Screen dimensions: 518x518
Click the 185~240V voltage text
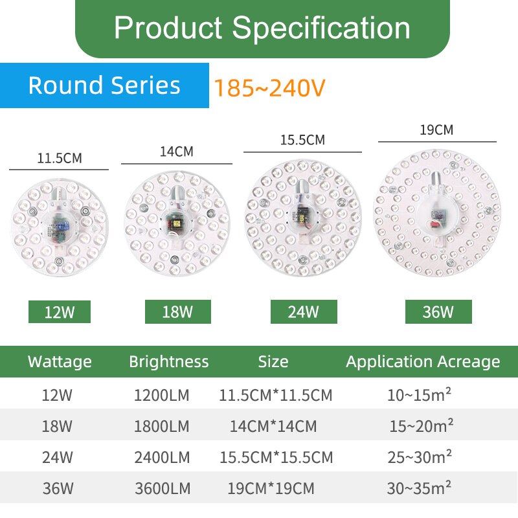click(x=269, y=88)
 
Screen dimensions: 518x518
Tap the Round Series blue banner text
click(x=104, y=85)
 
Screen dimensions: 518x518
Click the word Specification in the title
click(x=321, y=28)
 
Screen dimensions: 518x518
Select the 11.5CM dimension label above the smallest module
click(x=60, y=158)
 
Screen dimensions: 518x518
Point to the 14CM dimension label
click(x=177, y=152)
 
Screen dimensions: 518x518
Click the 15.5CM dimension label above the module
click(x=302, y=140)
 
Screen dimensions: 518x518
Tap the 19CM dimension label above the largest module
click(x=436, y=130)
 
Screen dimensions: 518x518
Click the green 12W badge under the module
click(x=60, y=311)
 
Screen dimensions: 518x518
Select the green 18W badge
click(x=177, y=311)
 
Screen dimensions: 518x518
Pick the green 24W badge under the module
click(x=304, y=311)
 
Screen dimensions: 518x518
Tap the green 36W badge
click(x=438, y=311)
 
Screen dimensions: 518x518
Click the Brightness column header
click(x=169, y=362)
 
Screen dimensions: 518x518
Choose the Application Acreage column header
click(x=423, y=362)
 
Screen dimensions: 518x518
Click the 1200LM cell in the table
click(x=161, y=395)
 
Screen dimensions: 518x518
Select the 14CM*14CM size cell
click(x=273, y=426)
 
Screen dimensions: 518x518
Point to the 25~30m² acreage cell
click(x=420, y=456)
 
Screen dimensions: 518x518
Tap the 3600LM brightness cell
click(x=163, y=488)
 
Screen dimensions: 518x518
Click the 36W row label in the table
click(x=58, y=488)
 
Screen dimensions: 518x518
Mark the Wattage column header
click(x=60, y=362)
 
